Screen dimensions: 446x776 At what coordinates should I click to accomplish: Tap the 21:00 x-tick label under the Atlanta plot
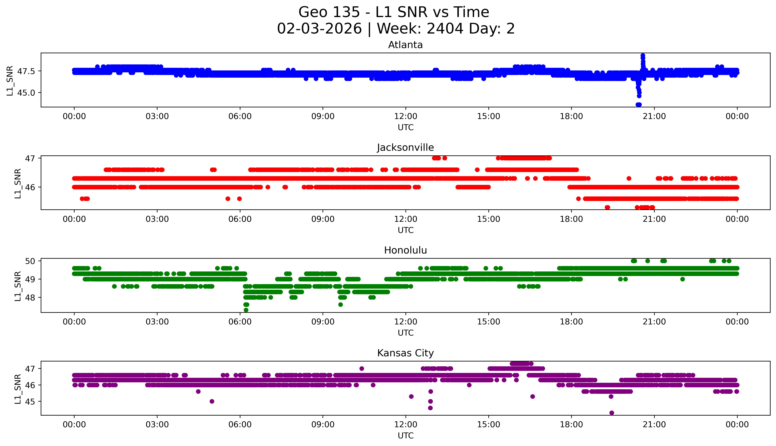(x=654, y=116)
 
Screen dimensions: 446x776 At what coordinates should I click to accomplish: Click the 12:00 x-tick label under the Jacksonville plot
(x=405, y=219)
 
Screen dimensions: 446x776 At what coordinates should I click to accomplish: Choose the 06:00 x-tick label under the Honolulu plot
(x=240, y=322)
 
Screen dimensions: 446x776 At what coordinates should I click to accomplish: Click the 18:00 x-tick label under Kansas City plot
(x=571, y=425)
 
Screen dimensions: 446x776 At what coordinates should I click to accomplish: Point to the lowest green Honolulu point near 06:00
(x=246, y=310)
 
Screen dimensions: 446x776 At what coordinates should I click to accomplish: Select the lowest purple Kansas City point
(x=611, y=413)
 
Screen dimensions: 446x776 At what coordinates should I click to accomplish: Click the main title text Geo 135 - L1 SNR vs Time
(x=394, y=12)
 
